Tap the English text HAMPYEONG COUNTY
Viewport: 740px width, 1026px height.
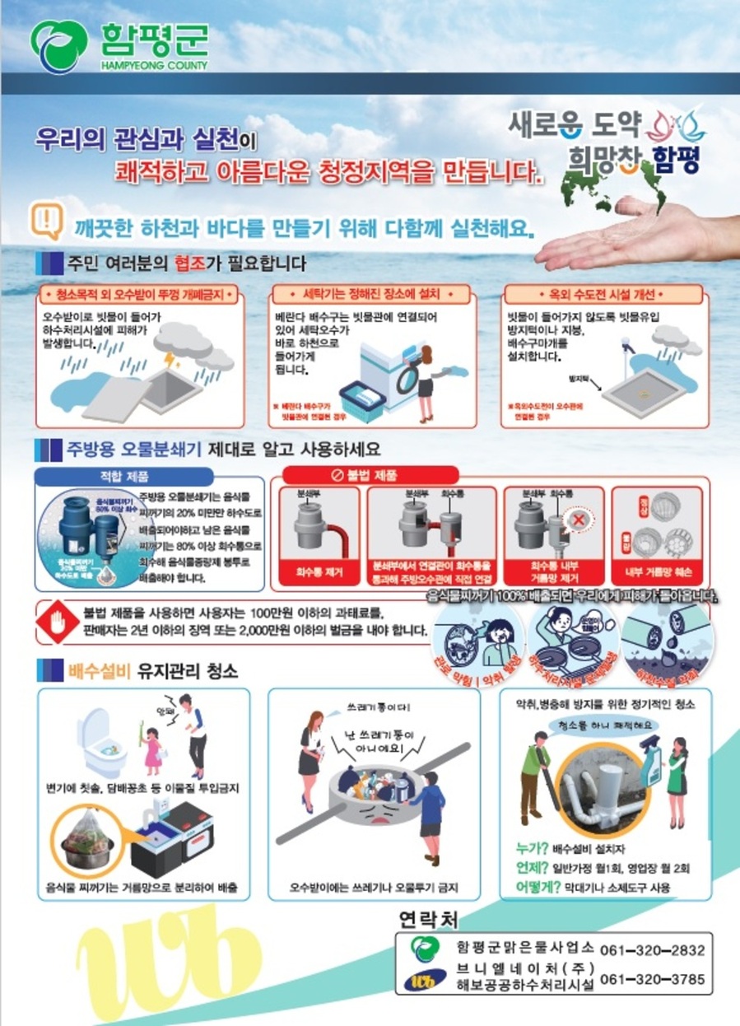153,64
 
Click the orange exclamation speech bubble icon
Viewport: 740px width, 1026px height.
48,220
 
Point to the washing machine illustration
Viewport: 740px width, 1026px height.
384,367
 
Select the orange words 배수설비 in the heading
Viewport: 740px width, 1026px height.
99,671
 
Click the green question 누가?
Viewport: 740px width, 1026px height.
531,848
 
